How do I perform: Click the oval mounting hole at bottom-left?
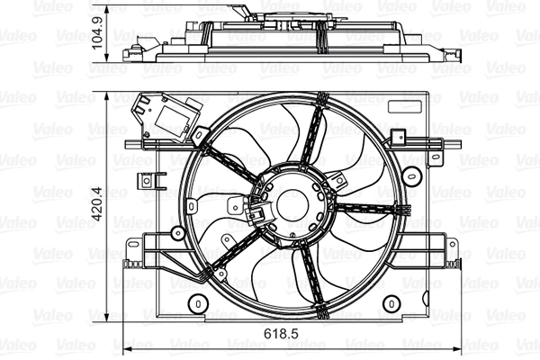tap(197, 305)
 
